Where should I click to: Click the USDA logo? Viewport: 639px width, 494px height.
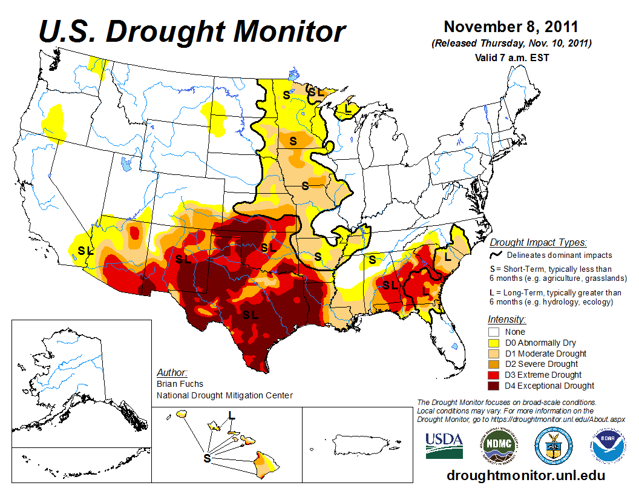[444, 446]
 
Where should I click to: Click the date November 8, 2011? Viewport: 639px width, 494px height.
[511, 27]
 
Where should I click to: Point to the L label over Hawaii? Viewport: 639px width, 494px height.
[231, 415]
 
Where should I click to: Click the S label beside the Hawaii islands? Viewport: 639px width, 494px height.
[207, 458]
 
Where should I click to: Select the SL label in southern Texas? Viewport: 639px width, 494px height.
[251, 315]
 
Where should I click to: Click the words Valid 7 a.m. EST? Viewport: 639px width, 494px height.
[511, 58]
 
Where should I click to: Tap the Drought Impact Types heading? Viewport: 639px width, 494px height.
[537, 243]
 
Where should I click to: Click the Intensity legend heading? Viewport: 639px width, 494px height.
[506, 319]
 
